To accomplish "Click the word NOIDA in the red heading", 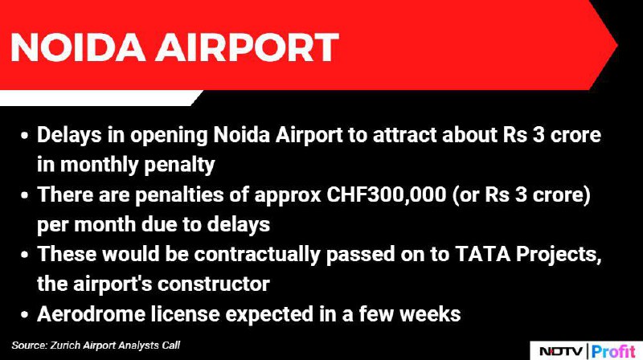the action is click(78, 47).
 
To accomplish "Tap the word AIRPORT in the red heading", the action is click(248, 47).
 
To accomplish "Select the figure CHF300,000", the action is click(387, 194).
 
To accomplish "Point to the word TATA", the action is click(483, 254).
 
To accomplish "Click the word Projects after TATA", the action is click(559, 256).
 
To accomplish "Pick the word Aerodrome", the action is click(91, 314).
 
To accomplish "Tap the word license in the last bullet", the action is click(185, 314).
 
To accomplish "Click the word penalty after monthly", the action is click(179, 166).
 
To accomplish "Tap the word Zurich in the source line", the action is click(65, 346).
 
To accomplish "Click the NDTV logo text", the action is click(560, 351).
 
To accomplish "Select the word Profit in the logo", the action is click(613, 351).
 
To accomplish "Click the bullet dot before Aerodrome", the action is click(25, 314).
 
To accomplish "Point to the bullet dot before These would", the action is click(25, 255).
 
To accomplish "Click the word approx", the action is click(288, 196).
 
